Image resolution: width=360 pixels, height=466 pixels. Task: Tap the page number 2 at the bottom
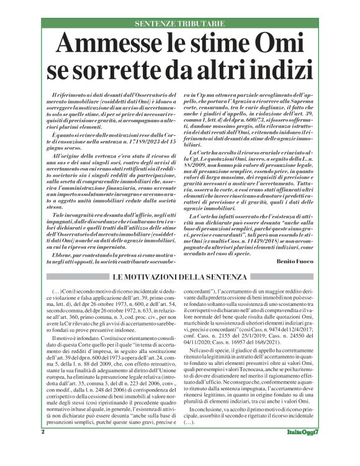[43, 449]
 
